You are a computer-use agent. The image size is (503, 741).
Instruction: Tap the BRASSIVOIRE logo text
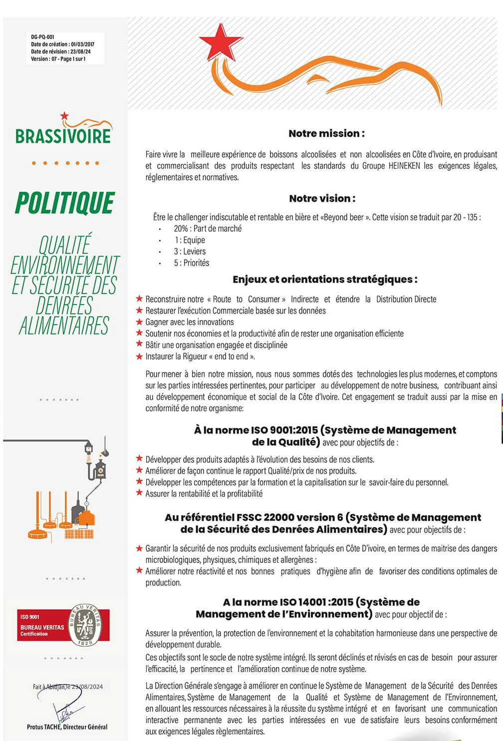coord(63,136)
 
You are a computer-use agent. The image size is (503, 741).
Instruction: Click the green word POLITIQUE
coord(65,203)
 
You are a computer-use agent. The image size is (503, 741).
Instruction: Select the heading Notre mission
coord(326,133)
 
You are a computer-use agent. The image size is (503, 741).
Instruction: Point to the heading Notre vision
coord(322,198)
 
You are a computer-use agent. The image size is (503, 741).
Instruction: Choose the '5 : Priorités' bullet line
coord(192,263)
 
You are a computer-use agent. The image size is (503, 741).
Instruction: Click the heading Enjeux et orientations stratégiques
coord(325,280)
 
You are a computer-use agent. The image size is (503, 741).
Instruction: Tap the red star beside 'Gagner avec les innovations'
coord(139,322)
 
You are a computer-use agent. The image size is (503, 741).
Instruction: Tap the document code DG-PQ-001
coord(42,37)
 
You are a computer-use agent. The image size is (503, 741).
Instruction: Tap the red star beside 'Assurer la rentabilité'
coord(139,493)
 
